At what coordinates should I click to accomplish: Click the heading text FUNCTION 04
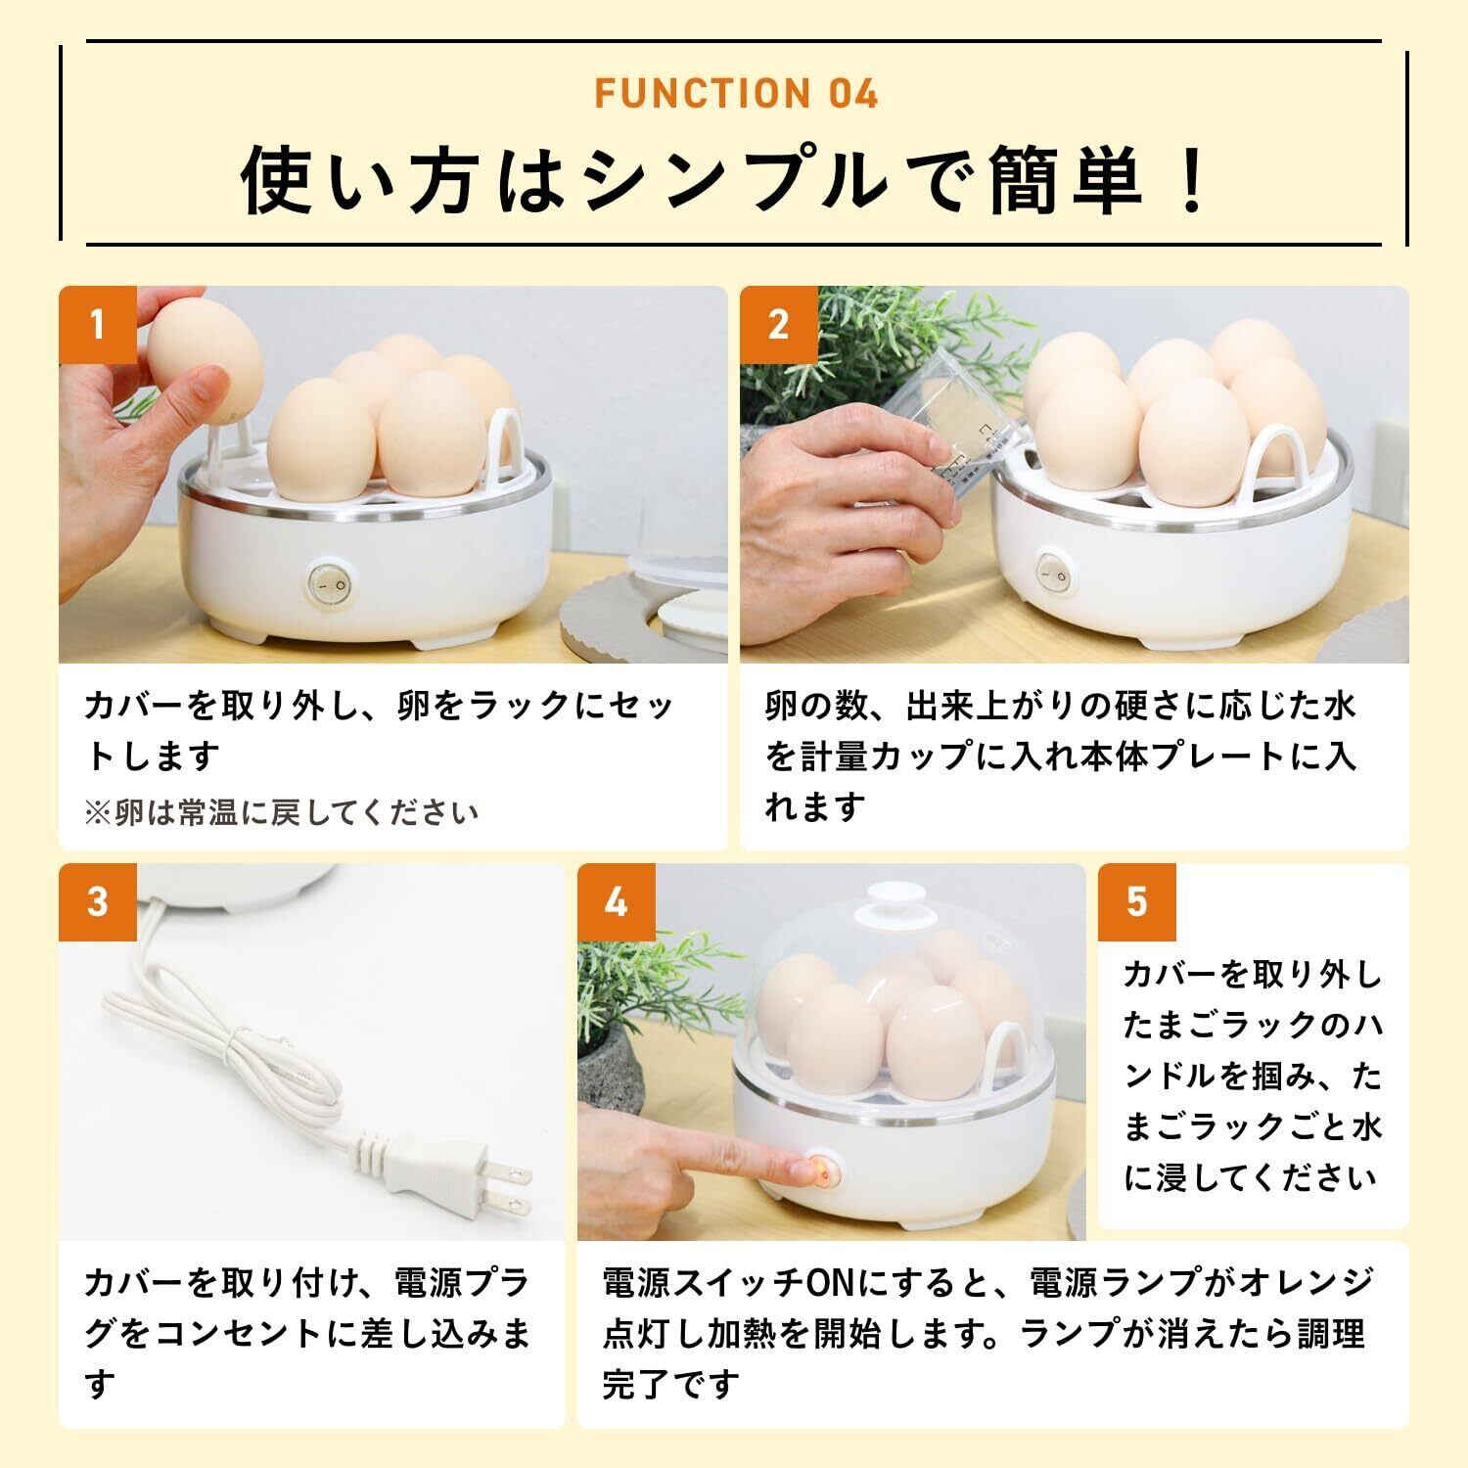coord(736,93)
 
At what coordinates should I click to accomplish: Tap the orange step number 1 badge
coord(98,325)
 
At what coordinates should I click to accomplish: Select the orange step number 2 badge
coord(779,325)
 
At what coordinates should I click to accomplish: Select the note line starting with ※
coord(282,812)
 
